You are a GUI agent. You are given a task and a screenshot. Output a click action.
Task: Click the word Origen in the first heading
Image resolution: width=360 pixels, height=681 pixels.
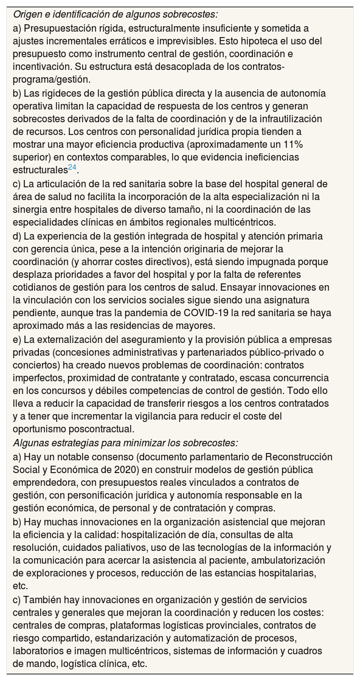tap(29, 14)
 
